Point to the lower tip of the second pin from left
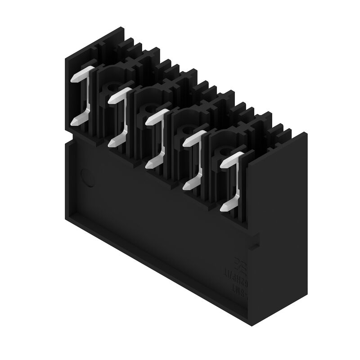pos(111,144)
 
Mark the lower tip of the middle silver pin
pos(148,165)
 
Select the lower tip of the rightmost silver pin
pos(223,208)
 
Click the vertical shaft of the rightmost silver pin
pos(235,180)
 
